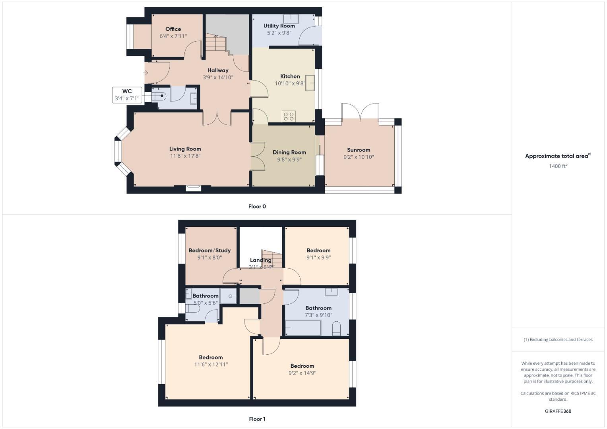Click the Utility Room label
pyautogui.click(x=279, y=26)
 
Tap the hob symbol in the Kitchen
pyautogui.click(x=289, y=116)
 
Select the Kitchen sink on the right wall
pyautogui.click(x=310, y=83)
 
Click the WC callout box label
pyautogui.click(x=127, y=91)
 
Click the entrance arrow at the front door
pyautogui.click(x=145, y=73)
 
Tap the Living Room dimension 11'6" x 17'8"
pyautogui.click(x=185, y=156)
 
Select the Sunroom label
pyautogui.click(x=359, y=150)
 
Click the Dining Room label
pyautogui.click(x=289, y=152)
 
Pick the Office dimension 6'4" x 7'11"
pyautogui.click(x=173, y=36)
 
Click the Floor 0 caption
pyautogui.click(x=257, y=206)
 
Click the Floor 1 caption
pyautogui.click(x=257, y=419)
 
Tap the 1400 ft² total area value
pyautogui.click(x=558, y=166)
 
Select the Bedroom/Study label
pyautogui.click(x=209, y=250)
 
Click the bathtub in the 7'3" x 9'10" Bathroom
pyautogui.click(x=303, y=328)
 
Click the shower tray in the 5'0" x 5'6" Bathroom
pyautogui.click(x=228, y=296)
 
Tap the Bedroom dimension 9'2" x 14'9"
pyautogui.click(x=302, y=373)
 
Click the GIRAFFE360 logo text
pyautogui.click(x=558, y=411)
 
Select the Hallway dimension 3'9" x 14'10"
pyautogui.click(x=218, y=77)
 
